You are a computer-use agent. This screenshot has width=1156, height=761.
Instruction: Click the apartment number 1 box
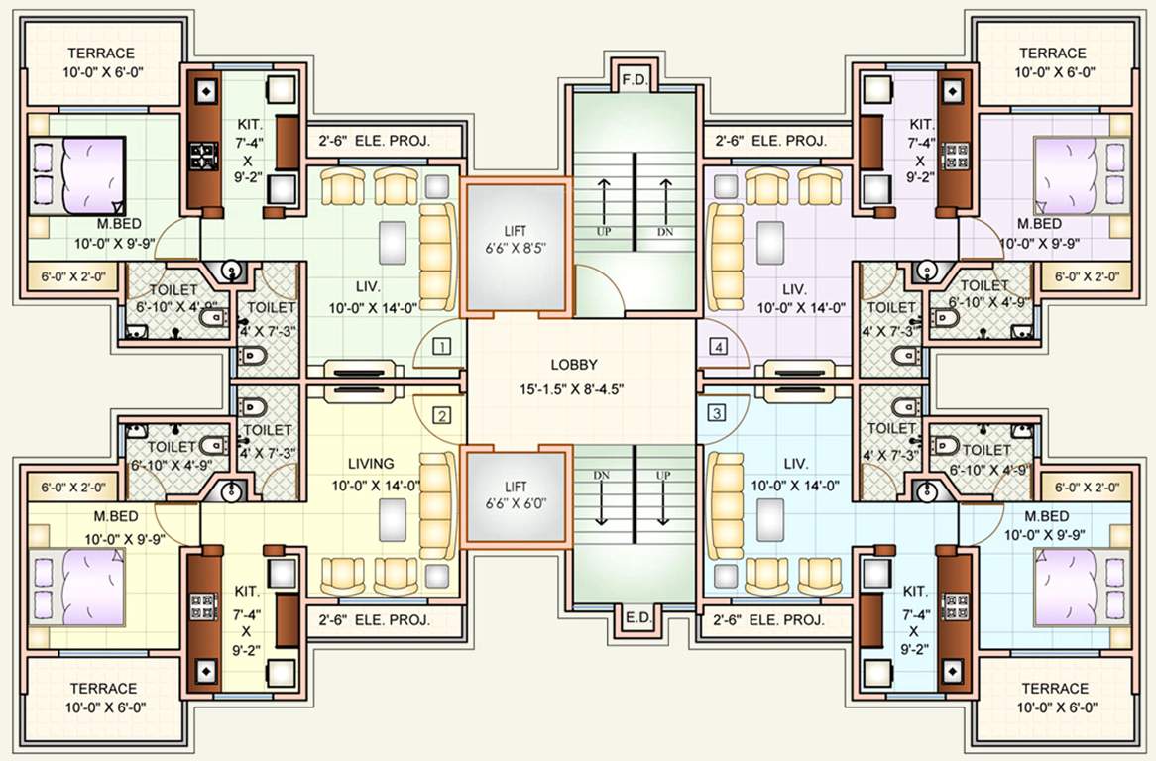[442, 346]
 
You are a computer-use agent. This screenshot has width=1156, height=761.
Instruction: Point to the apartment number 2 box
[442, 414]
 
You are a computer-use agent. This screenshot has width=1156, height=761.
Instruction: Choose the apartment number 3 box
[716, 414]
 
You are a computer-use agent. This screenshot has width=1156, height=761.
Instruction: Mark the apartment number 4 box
[716, 346]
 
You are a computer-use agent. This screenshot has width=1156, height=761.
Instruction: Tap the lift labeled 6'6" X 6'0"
[516, 495]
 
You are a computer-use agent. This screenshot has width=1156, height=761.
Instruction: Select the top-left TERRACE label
[100, 53]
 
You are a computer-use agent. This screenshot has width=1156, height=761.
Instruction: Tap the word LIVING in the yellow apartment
[370, 463]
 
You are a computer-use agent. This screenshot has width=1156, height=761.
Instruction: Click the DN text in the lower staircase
[602, 475]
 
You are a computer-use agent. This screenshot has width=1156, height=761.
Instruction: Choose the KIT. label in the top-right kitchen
[919, 125]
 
